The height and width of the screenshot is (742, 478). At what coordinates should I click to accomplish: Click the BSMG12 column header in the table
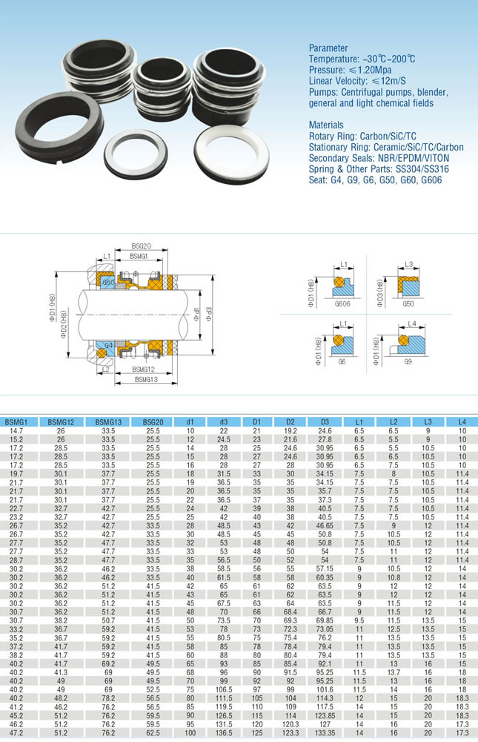[61, 421]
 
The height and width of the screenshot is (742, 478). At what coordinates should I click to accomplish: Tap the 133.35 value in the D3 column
[325, 732]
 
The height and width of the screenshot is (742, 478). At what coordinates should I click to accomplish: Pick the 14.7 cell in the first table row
[16, 430]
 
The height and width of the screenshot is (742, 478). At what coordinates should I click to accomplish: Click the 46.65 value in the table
[325, 525]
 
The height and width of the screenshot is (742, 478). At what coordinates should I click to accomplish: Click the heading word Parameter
[328, 47]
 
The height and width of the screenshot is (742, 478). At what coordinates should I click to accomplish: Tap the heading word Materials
[326, 125]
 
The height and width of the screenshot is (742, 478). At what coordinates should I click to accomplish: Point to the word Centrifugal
[365, 92]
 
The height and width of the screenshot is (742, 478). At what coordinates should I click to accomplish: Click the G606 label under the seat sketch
[342, 303]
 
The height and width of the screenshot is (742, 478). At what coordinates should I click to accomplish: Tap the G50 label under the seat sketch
[408, 303]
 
